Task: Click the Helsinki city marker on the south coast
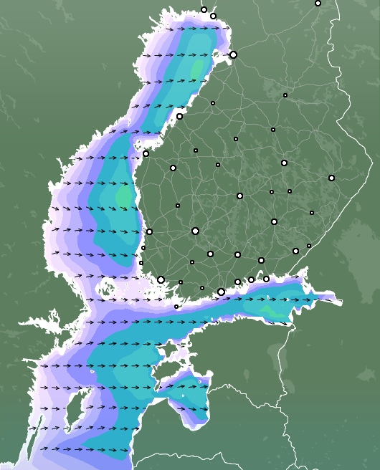tap(221, 292)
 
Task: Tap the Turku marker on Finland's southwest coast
tap(161, 279)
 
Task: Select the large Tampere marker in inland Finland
tap(195, 231)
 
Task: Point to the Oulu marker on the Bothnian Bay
tap(233, 54)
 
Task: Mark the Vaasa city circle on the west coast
tap(146, 153)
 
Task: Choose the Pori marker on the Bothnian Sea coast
tap(149, 231)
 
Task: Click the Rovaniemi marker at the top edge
tap(318, 3)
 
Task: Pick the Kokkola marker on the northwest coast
tap(179, 116)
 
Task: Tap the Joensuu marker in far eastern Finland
tap(331, 178)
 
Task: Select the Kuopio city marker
tap(284, 163)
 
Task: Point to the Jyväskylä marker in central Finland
tap(239, 196)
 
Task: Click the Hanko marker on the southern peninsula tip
tap(176, 307)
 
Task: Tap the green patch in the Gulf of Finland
tap(269, 310)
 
